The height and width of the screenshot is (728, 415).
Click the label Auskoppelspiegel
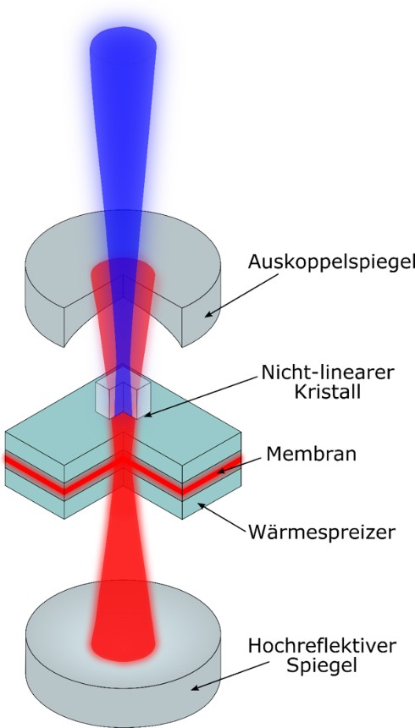click(x=331, y=262)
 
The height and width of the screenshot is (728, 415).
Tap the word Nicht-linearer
click(x=328, y=372)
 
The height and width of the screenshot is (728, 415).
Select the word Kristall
click(x=328, y=392)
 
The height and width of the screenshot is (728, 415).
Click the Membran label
click(x=312, y=454)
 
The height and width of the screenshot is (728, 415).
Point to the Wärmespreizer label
click(x=322, y=531)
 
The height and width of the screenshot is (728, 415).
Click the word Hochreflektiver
click(x=322, y=646)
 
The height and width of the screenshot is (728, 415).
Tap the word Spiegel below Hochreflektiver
click(x=322, y=666)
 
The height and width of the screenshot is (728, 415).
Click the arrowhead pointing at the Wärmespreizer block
click(x=200, y=505)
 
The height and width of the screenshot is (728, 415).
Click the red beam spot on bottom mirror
click(x=124, y=644)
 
